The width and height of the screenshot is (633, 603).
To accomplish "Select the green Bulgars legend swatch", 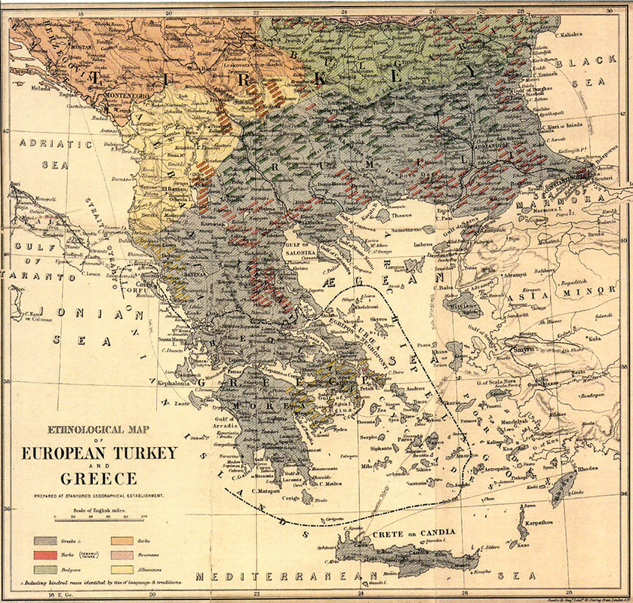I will [x=44, y=569].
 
